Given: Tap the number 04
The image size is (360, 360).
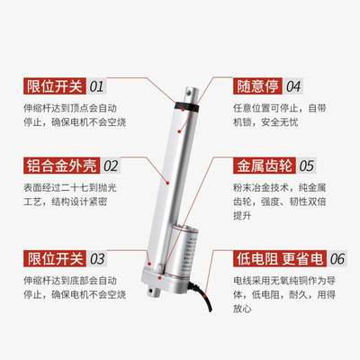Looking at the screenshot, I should [x=292, y=86].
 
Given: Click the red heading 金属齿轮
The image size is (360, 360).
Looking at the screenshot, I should [x=260, y=166].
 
